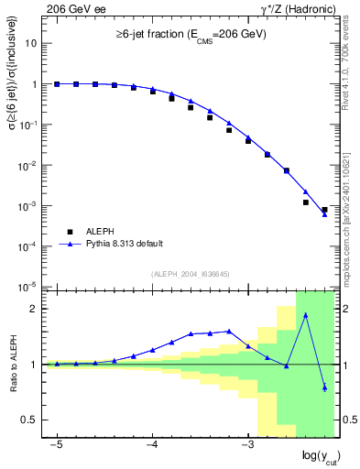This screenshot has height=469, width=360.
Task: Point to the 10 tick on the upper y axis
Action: coord(30,43)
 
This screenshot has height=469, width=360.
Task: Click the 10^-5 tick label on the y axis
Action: coord(27,287)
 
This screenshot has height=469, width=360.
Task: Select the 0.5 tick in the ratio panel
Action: coord(29,420)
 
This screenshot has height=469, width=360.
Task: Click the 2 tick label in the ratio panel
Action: coord(35,309)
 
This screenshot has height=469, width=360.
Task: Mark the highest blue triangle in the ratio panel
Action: coord(305,314)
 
